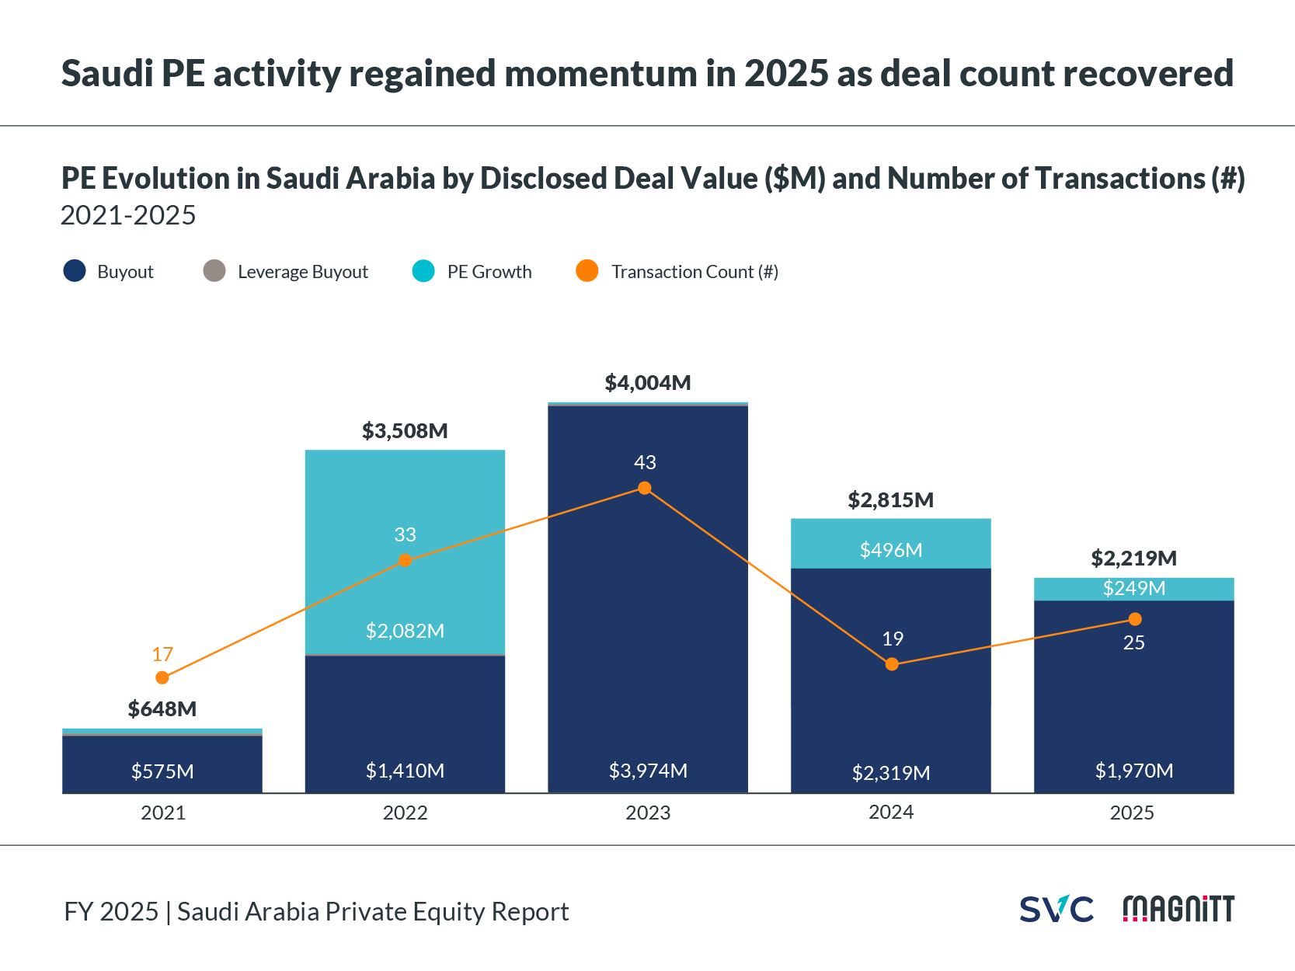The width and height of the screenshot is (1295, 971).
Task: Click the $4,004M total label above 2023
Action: pos(647,383)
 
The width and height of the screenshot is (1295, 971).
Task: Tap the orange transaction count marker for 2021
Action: pos(162,677)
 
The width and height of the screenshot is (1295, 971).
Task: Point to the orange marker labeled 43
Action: pos(644,488)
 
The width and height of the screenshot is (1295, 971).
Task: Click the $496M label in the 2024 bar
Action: pos(891,550)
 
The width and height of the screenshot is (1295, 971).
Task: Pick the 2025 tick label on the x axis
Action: pos(1132,813)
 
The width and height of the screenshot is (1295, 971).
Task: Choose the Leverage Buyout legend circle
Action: pos(214,271)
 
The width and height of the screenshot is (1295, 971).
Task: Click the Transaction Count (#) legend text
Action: pos(694,272)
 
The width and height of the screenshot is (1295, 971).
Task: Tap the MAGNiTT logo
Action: pos(1178,909)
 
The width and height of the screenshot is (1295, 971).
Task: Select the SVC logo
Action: pos(1056,909)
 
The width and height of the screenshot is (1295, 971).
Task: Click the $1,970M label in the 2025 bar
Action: pos(1133,771)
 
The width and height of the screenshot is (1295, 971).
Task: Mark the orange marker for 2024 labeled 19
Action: pos(892,664)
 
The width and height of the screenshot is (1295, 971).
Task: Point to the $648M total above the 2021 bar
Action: pos(162,709)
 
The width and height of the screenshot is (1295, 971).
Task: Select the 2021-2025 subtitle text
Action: pos(128,215)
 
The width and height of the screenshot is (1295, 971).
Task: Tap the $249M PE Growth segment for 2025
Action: pos(1133,589)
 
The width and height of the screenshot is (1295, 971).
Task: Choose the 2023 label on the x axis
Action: pos(648,813)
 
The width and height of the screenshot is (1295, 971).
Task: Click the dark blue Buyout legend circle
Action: pos(75,271)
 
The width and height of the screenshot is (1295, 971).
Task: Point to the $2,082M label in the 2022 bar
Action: pos(405,631)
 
